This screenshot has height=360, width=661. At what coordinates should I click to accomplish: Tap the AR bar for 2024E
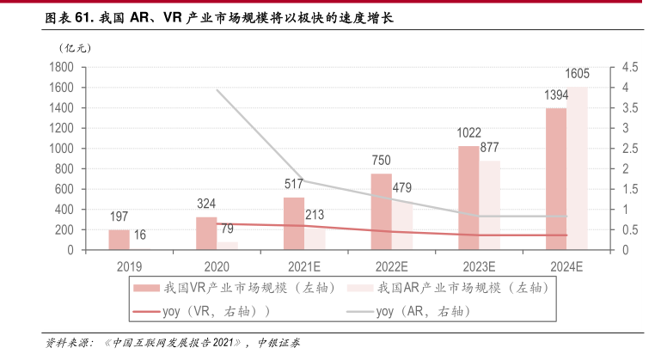[578, 168]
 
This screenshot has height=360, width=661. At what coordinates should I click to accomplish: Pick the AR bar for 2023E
[489, 205]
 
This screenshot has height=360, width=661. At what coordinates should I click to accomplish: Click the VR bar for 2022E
[381, 211]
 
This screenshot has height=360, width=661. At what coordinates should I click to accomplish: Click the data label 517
[294, 183]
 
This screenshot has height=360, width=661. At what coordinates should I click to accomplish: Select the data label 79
[229, 228]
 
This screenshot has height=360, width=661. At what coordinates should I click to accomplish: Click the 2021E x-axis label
[304, 266]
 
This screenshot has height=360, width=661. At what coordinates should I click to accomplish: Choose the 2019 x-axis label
[129, 266]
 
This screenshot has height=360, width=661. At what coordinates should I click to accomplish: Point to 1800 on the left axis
[60, 67]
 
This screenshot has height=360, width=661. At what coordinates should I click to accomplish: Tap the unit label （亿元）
[75, 48]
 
